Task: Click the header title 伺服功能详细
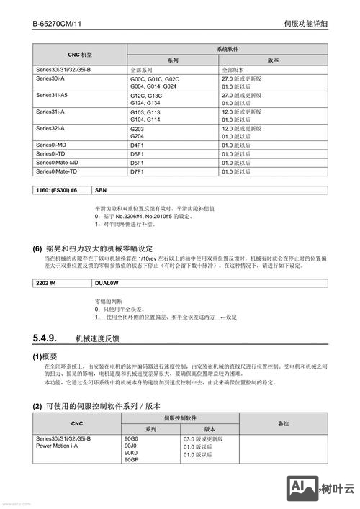pyautogui.click(x=307, y=24)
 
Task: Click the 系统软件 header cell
pyautogui.click(x=228, y=49)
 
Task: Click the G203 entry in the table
pyautogui.click(x=138, y=128)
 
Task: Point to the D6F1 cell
pyautogui.click(x=138, y=154)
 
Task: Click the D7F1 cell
pyautogui.click(x=138, y=172)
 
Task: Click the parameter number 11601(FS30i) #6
pyautogui.click(x=57, y=190)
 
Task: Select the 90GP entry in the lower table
pyautogui.click(x=132, y=461)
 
